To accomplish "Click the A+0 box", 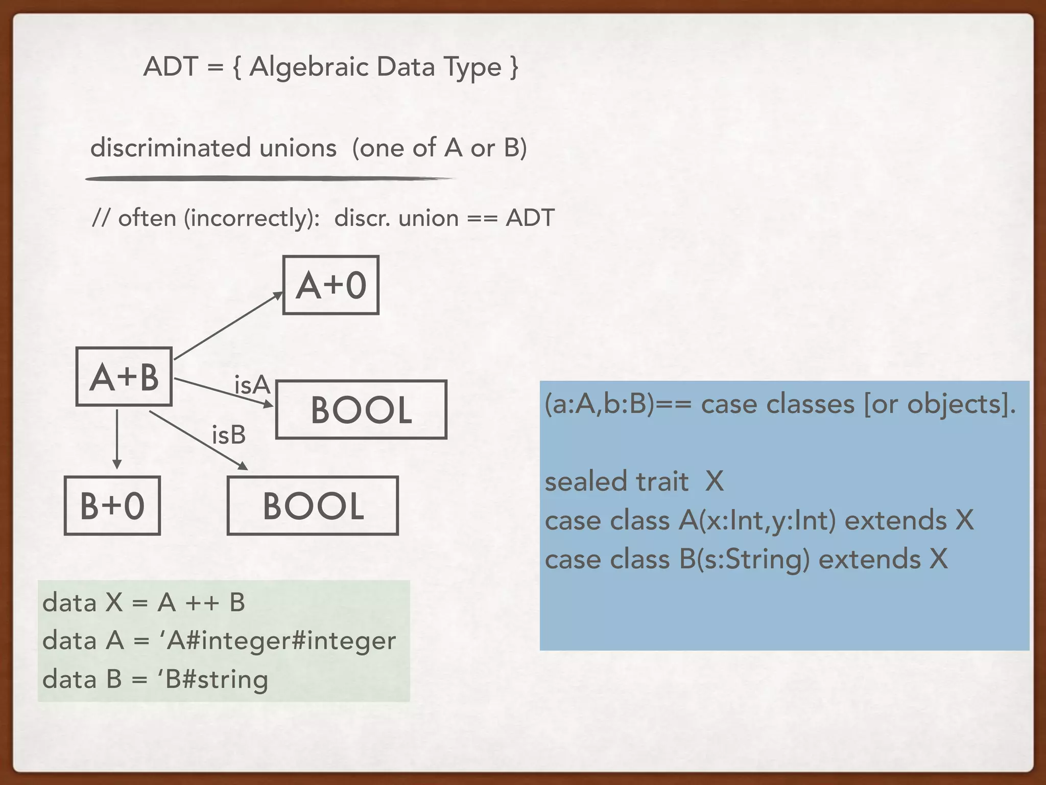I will [x=331, y=285].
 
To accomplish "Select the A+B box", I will [x=124, y=377].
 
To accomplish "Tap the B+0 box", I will [x=112, y=506].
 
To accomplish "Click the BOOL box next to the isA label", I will [x=361, y=410].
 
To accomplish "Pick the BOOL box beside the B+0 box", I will [x=313, y=506].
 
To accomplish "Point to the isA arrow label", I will [x=252, y=385].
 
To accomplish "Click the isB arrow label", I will [x=229, y=435].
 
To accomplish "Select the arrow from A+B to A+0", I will [x=227, y=326].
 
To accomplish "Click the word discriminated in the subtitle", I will [x=171, y=148].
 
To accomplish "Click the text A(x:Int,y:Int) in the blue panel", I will [x=757, y=521].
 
